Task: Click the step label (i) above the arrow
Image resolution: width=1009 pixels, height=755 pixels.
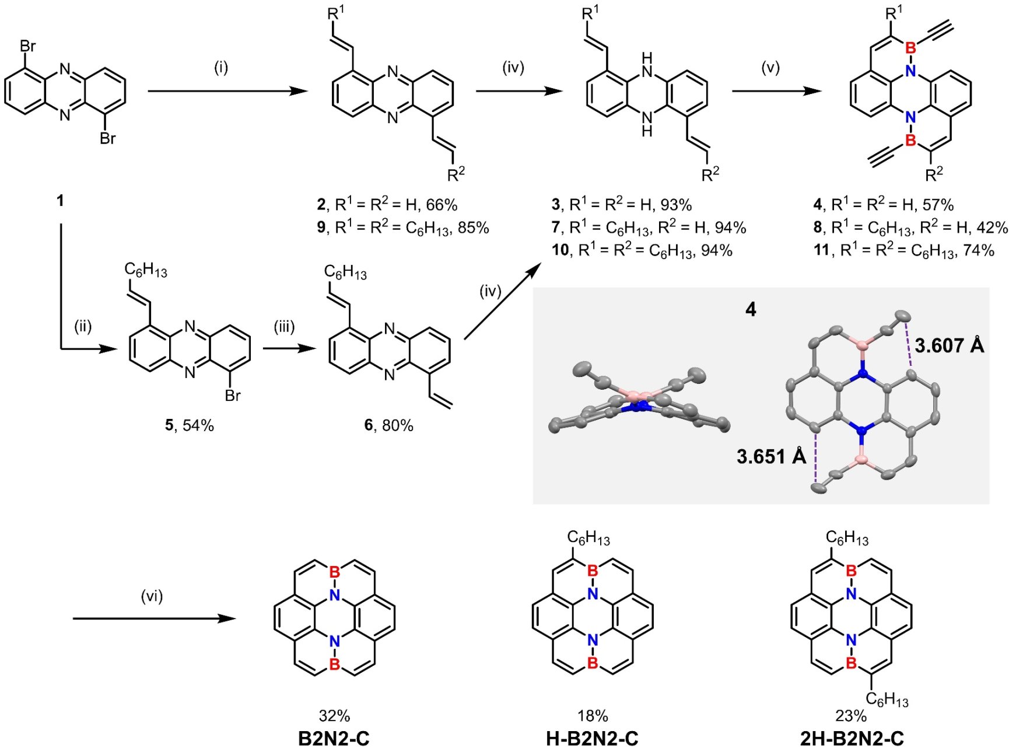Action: pyautogui.click(x=221, y=68)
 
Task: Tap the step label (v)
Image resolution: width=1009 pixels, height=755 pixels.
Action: pyautogui.click(x=770, y=68)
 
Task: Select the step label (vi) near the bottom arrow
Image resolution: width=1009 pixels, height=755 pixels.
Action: pyautogui.click(x=152, y=596)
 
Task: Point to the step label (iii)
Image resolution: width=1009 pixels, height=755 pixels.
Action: pyautogui.click(x=284, y=327)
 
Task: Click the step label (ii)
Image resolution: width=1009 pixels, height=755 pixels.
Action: pyautogui.click(x=83, y=327)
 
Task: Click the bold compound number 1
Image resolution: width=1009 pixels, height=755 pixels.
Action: pyautogui.click(x=60, y=201)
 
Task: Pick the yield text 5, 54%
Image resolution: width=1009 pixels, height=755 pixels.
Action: pyautogui.click(x=189, y=425)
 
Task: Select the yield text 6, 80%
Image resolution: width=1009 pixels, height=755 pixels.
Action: pyautogui.click(x=388, y=425)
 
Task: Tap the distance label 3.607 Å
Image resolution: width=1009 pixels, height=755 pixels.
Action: pyautogui.click(x=949, y=345)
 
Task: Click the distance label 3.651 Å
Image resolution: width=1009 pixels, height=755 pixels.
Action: pyautogui.click(x=771, y=456)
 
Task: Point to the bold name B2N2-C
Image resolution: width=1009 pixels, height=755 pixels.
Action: pyautogui.click(x=334, y=739)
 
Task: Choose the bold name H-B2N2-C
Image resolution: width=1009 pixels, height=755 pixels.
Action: pyautogui.click(x=592, y=739)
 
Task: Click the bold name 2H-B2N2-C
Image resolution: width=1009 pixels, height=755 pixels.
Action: pyautogui.click(x=852, y=739)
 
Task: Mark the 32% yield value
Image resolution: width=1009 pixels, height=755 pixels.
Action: pyautogui.click(x=334, y=716)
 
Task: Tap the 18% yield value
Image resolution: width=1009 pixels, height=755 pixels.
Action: pyautogui.click(x=593, y=716)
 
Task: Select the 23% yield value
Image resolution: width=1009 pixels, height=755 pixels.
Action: pyautogui.click(x=851, y=716)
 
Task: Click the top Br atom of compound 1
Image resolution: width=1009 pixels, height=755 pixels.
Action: pyautogui.click(x=27, y=46)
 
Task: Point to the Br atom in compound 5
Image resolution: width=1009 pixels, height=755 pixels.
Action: pyautogui.click(x=233, y=396)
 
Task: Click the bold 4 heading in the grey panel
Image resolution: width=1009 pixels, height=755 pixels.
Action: pyautogui.click(x=751, y=309)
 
